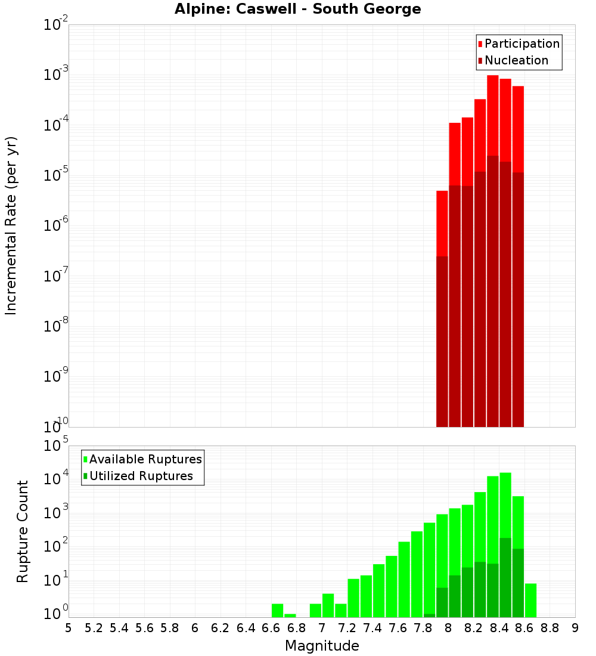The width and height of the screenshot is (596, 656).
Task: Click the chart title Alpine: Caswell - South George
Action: click(297, 10)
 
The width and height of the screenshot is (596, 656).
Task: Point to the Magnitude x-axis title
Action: click(322, 646)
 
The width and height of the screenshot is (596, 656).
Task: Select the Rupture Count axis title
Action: click(23, 531)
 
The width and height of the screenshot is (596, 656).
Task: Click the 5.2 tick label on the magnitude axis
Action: click(94, 628)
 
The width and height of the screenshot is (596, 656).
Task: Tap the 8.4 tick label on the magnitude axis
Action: click(499, 628)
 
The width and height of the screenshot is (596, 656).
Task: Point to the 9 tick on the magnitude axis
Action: click(575, 628)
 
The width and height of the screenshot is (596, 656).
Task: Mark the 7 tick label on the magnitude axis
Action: click(322, 628)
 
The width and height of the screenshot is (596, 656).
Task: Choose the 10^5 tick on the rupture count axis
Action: click(57, 446)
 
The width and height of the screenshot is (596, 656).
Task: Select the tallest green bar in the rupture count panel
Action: click(505, 507)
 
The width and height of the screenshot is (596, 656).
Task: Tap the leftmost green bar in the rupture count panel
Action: click(277, 611)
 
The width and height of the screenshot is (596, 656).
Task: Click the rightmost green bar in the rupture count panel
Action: click(530, 601)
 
